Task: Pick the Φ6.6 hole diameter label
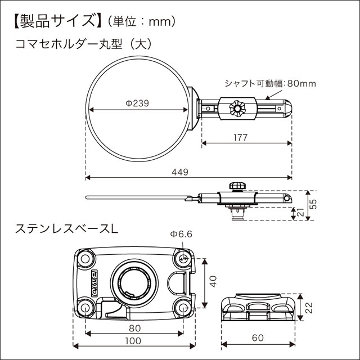(x=181, y=235)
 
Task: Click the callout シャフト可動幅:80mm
(x=270, y=84)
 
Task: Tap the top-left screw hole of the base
(x=85, y=258)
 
